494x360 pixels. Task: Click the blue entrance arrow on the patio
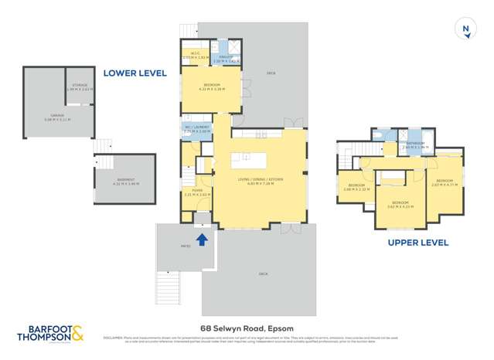(203, 239)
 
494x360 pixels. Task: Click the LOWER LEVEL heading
(135, 73)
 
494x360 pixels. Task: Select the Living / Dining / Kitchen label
(260, 182)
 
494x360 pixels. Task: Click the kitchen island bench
(249, 161)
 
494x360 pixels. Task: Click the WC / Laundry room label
(197, 130)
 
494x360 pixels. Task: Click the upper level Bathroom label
(416, 144)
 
